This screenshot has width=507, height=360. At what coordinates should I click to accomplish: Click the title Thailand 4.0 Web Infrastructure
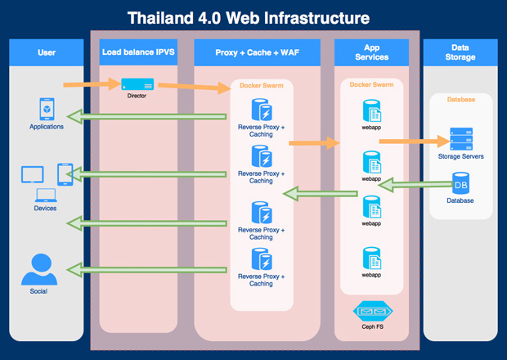253,17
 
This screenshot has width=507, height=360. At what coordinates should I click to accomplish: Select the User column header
47,53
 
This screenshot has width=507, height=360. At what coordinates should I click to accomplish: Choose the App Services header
372,53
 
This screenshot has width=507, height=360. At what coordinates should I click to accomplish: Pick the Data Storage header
459,53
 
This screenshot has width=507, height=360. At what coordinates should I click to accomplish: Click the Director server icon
137,84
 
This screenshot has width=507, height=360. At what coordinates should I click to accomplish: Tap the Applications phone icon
47,109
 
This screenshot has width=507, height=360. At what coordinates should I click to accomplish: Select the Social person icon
38,268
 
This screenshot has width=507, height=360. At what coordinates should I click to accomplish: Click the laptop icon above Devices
46,195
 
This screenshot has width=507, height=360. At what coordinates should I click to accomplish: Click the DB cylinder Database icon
460,183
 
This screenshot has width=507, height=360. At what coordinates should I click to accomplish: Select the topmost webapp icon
372,110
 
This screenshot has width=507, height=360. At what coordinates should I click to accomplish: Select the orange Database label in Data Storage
460,102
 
